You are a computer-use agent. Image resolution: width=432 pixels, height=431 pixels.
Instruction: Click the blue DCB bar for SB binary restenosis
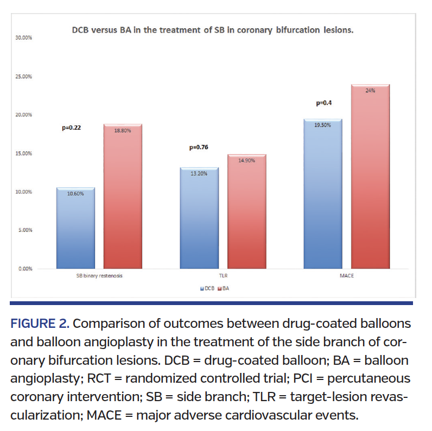point(76,228)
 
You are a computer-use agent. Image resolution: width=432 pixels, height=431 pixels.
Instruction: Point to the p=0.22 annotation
point(72,129)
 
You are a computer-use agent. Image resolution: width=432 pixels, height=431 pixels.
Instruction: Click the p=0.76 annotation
point(199,147)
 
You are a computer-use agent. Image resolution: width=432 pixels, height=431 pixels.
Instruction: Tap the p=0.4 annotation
point(324,103)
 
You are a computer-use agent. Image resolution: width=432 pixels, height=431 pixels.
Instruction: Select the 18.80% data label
point(122,130)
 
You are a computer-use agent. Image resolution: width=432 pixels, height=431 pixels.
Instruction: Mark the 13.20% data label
point(199,174)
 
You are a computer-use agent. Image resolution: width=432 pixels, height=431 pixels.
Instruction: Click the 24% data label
point(370,91)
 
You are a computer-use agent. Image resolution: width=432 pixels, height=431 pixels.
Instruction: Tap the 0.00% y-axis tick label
point(24,269)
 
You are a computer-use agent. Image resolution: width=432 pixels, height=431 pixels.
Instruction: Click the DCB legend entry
point(207,289)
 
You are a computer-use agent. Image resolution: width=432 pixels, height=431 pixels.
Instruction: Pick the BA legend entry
point(224,289)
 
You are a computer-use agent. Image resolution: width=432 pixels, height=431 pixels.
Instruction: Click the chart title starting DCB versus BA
point(213,29)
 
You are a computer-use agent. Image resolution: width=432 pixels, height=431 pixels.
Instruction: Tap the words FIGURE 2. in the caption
point(40,325)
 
